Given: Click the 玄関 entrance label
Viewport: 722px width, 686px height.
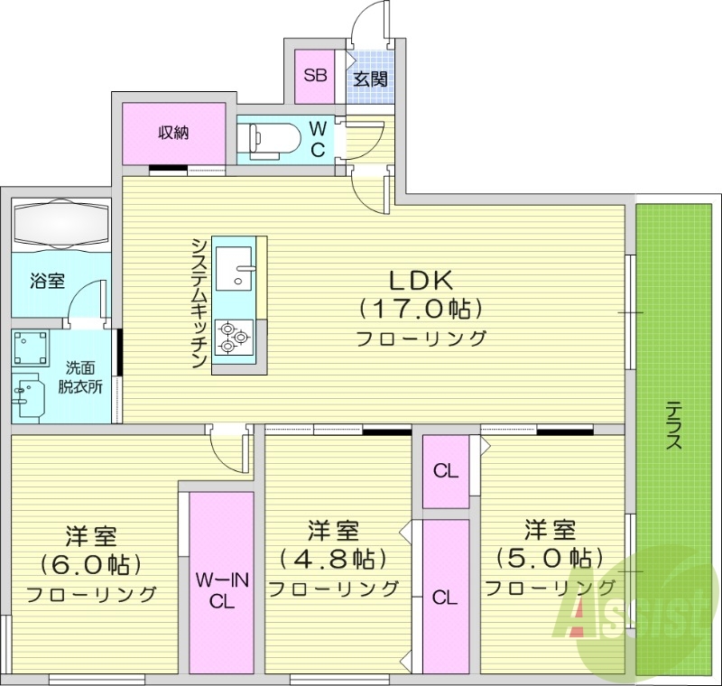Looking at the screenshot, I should point(370,79).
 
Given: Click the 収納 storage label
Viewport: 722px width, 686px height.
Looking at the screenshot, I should point(173,134).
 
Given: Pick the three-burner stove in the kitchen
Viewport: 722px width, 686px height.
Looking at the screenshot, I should point(235,337).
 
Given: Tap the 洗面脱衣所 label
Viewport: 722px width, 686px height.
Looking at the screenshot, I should point(81,376).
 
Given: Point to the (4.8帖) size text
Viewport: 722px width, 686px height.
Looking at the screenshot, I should point(333,559).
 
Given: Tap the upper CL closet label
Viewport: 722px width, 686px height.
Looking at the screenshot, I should point(445,470).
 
